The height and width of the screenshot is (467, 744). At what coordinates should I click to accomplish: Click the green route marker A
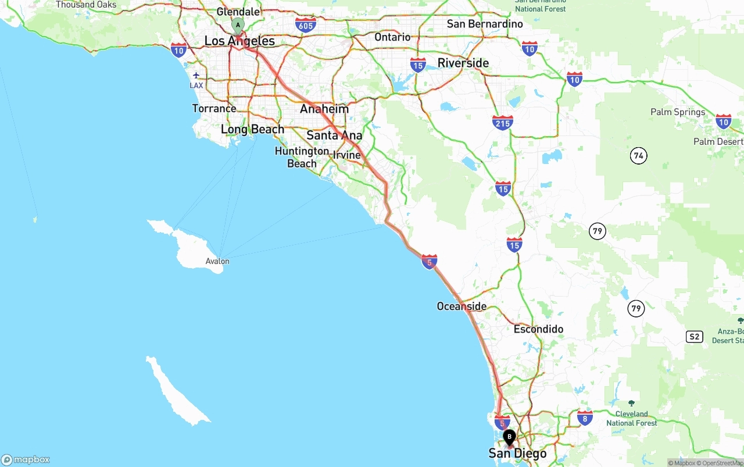238,25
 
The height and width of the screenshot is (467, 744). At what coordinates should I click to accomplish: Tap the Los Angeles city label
239,41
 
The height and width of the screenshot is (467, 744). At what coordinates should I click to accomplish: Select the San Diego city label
517,454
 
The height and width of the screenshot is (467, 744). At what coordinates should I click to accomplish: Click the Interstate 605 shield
306,24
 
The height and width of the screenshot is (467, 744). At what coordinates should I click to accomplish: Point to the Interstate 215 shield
502,122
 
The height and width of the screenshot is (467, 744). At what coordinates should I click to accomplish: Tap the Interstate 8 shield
585,417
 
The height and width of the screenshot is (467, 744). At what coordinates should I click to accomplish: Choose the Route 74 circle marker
639,155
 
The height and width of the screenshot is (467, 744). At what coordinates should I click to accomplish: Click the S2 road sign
694,337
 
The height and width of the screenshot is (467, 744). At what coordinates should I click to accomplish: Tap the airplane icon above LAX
196,75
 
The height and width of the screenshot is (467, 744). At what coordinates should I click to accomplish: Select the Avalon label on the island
217,261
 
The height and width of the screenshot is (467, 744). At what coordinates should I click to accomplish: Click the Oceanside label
462,306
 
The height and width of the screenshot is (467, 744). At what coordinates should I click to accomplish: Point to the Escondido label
538,329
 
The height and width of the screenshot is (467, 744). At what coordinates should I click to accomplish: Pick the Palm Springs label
678,112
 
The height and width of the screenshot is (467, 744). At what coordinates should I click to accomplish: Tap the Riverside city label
463,63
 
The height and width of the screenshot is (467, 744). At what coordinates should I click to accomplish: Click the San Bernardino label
485,24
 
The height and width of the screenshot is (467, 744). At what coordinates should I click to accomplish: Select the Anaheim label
324,109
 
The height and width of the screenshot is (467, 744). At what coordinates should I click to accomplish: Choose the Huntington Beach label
302,157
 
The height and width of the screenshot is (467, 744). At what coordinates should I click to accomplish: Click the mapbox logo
26,459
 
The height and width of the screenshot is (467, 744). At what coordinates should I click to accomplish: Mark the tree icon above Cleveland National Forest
631,403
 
